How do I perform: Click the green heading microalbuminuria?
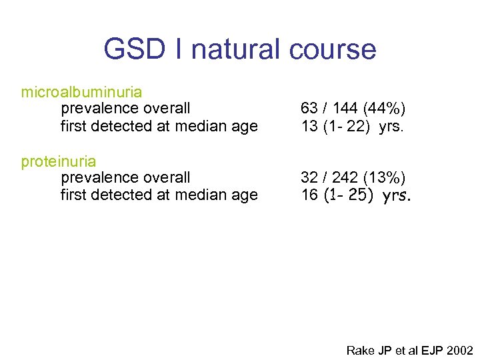81,91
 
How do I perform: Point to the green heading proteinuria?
59,161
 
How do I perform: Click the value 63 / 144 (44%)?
353,108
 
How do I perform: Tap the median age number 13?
309,127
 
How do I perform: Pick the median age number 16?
309,196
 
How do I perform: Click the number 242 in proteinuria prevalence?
345,178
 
